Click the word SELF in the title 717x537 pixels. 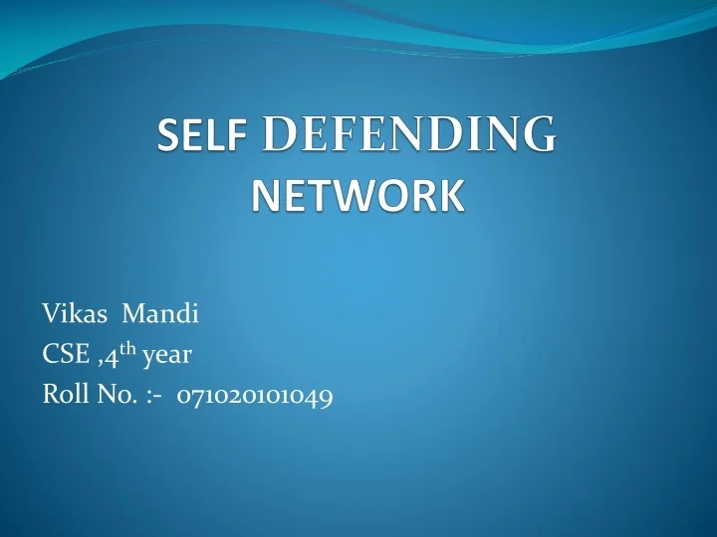coord(203,136)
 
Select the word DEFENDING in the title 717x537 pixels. coord(408,135)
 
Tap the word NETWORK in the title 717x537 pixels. coord(358,195)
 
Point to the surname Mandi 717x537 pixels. coord(160,315)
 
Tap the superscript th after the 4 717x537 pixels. coord(127,349)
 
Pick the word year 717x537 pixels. coord(168,356)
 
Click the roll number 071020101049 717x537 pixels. coord(255,396)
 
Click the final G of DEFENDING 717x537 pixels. coord(537,135)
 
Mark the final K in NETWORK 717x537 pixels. coord(451,195)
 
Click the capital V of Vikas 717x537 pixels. coord(50,315)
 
